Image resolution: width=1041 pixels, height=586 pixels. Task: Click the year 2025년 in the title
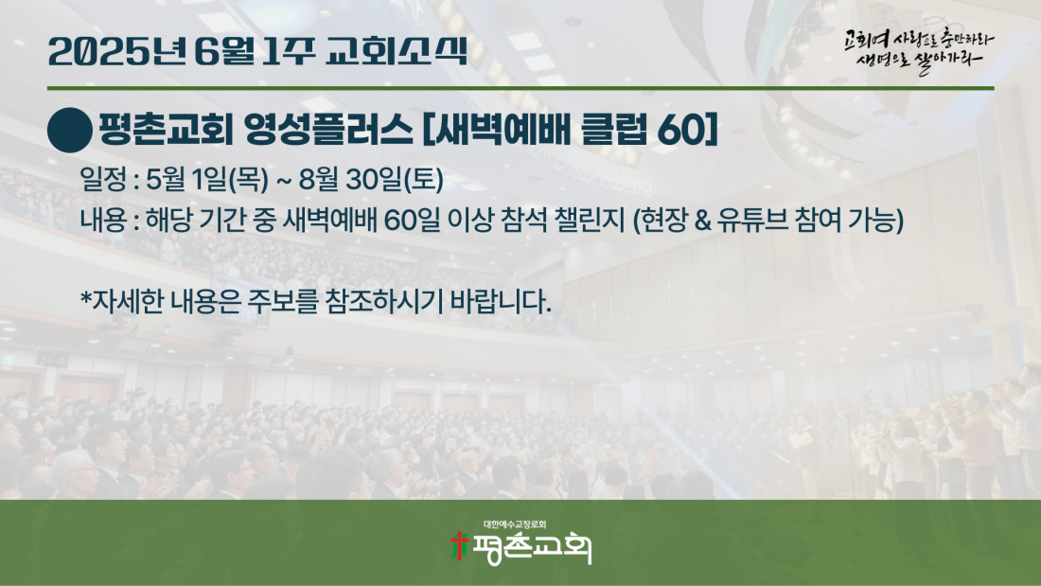[x=116, y=52]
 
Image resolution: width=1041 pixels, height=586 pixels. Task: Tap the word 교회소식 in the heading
[x=397, y=52]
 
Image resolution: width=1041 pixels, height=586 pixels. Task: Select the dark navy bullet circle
[x=70, y=131]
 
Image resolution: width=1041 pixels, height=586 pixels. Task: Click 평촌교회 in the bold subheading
[x=166, y=130]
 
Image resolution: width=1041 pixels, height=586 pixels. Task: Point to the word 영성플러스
[x=328, y=130]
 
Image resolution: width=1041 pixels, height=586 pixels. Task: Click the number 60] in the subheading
[x=687, y=130]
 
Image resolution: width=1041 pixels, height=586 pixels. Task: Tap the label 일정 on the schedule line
[x=103, y=179]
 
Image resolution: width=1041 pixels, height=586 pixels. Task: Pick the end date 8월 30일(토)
[x=371, y=179]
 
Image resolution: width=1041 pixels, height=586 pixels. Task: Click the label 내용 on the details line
[x=103, y=220]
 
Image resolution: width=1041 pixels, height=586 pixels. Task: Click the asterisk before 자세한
[x=85, y=297]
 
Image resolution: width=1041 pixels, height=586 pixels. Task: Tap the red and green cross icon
[x=458, y=546]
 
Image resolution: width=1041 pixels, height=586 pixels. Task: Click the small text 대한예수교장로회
[x=515, y=524]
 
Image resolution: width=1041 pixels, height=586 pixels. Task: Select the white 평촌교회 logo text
[x=532, y=549]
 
